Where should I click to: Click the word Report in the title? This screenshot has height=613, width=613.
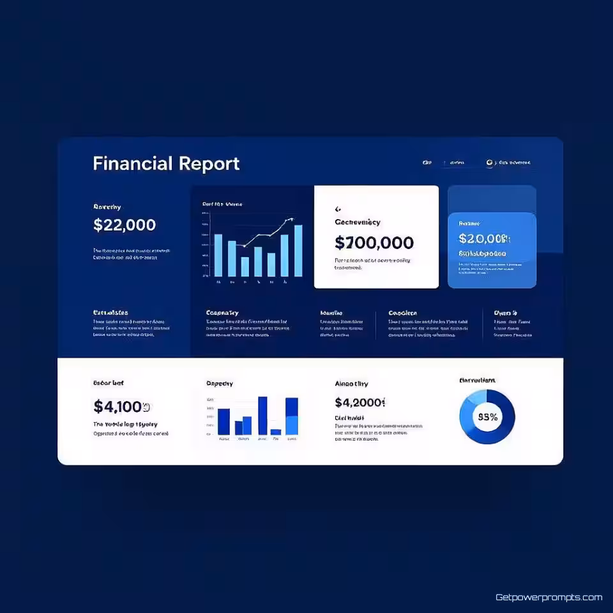[209, 163]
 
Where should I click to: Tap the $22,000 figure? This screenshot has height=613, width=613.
[125, 225]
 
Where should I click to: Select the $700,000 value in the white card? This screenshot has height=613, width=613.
[374, 243]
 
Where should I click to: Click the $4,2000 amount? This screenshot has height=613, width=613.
[360, 402]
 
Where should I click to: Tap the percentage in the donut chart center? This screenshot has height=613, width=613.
[487, 416]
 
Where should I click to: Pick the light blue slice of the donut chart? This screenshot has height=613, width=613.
[475, 398]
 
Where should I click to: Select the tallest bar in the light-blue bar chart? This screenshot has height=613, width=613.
[298, 250]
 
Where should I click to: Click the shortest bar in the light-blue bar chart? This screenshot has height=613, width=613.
[245, 266]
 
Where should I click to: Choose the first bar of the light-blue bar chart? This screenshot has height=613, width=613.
[218, 255]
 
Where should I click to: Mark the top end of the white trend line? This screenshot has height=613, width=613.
[292, 220]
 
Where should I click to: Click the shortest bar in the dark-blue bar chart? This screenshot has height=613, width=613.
[276, 432]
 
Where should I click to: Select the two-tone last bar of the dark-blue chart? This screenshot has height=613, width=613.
[292, 416]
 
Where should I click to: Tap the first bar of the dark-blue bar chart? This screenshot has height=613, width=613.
[223, 421]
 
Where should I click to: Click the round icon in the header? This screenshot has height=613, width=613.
[490, 163]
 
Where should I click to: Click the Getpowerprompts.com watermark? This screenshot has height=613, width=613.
[549, 598]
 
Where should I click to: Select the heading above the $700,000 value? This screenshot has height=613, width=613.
[358, 222]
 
